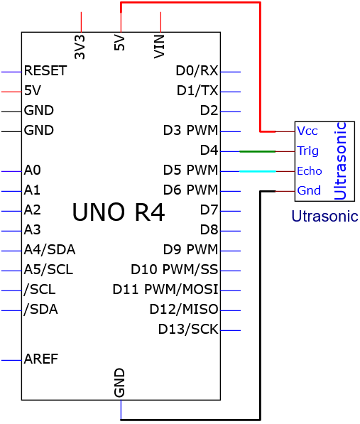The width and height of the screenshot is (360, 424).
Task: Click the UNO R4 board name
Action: coord(119,212)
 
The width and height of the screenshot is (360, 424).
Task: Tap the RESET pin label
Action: coord(45,71)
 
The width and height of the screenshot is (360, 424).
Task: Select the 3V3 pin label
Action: coord(80,47)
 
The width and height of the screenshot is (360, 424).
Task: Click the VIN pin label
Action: coord(159,46)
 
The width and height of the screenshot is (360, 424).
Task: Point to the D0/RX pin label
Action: coord(197,70)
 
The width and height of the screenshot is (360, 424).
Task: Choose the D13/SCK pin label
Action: coord(188,329)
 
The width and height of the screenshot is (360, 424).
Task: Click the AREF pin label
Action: coord(41,359)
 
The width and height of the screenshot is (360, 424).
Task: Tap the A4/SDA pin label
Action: coord(50,250)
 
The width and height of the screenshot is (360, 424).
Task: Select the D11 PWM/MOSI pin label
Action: coord(165,289)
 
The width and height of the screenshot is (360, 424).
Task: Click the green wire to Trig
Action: coord(258,151)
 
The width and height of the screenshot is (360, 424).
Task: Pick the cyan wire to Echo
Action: coord(258,171)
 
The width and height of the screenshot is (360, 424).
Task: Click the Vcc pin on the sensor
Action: coord(307,131)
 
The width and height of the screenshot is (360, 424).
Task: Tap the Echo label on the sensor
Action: coord(310,171)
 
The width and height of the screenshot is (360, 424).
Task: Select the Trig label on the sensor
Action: coord(308,151)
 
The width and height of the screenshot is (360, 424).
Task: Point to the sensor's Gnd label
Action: coord(309,190)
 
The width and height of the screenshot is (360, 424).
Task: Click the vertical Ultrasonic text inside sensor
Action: coord(340,161)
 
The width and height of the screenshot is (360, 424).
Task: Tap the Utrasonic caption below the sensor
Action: coord(324,217)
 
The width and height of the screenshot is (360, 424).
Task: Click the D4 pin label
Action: coord(209,151)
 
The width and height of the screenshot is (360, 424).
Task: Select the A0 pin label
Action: coord(33,170)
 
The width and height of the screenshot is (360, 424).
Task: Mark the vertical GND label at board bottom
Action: coord(119,383)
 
